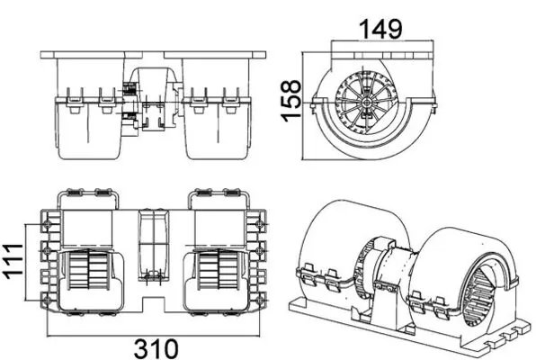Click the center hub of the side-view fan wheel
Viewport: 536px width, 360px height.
[x=370, y=102]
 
